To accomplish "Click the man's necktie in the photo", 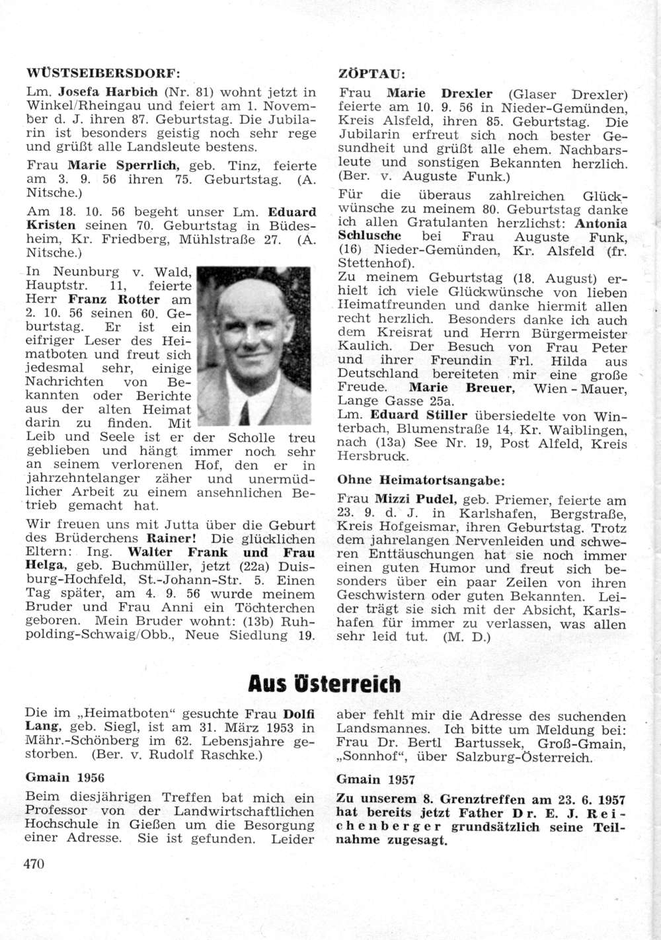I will (244, 414).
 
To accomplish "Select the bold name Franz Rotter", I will (110, 299).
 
